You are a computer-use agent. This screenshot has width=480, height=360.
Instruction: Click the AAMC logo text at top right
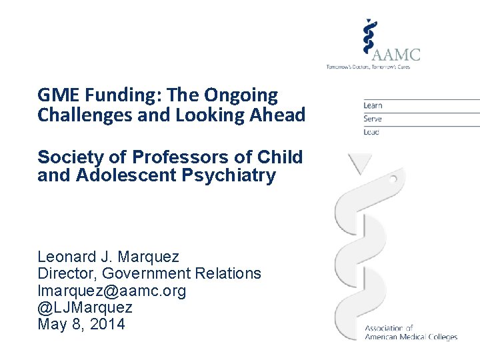tap(397, 53)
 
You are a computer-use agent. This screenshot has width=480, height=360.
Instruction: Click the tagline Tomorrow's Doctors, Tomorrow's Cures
tap(373, 67)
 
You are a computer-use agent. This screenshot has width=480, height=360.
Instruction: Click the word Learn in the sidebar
tap(373, 105)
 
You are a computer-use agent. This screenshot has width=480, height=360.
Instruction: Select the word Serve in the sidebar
tap(373, 119)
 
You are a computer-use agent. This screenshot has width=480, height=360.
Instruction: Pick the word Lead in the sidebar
tap(371, 132)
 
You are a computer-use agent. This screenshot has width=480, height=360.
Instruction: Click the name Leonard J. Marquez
tap(108, 257)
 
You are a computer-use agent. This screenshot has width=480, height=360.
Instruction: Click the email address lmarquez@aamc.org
tap(112, 291)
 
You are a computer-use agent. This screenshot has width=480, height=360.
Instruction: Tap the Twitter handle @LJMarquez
tap(85, 307)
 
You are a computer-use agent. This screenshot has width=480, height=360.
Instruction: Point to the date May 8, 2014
tap(81, 325)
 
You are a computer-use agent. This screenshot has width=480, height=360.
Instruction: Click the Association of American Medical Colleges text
tap(410, 333)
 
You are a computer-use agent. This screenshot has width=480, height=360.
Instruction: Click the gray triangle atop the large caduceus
tap(361, 163)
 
